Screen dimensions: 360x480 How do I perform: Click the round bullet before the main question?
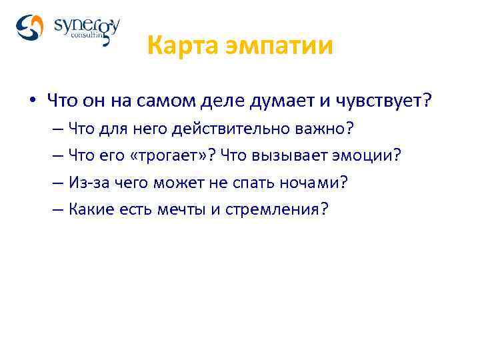tap(31, 103)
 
